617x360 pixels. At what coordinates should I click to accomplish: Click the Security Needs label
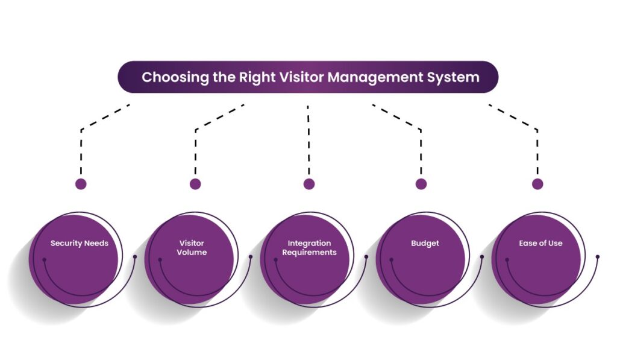(x=79, y=244)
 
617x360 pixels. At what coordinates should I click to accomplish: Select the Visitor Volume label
(x=192, y=248)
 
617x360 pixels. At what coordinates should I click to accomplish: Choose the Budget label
(x=425, y=244)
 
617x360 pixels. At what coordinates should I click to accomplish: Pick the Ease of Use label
(x=540, y=244)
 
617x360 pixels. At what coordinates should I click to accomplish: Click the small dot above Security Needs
(x=81, y=184)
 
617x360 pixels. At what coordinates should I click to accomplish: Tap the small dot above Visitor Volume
(x=195, y=184)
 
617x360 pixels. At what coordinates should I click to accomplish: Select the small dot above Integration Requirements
(x=309, y=184)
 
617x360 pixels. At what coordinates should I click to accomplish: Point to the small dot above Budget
(x=421, y=184)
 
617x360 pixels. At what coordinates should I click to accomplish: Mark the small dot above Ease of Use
(x=537, y=184)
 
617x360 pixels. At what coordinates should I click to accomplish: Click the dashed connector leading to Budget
(x=421, y=148)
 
